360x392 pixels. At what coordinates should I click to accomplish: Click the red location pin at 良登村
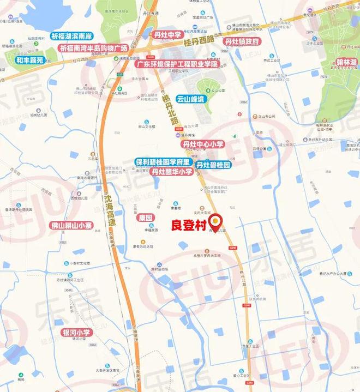click(216, 220)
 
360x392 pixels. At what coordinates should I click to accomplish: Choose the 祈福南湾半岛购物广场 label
click(93, 48)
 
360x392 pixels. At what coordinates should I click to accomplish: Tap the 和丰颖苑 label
click(29, 60)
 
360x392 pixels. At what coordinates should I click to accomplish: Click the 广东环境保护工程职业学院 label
click(176, 64)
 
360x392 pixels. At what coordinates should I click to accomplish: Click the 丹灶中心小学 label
click(203, 144)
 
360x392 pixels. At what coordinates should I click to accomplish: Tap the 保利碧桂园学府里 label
click(163, 162)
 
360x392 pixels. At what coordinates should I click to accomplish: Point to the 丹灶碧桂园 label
click(214, 165)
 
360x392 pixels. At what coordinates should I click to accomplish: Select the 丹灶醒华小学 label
click(172, 172)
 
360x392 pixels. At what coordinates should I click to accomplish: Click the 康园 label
click(145, 216)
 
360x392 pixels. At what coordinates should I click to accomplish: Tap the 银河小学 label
click(76, 332)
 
